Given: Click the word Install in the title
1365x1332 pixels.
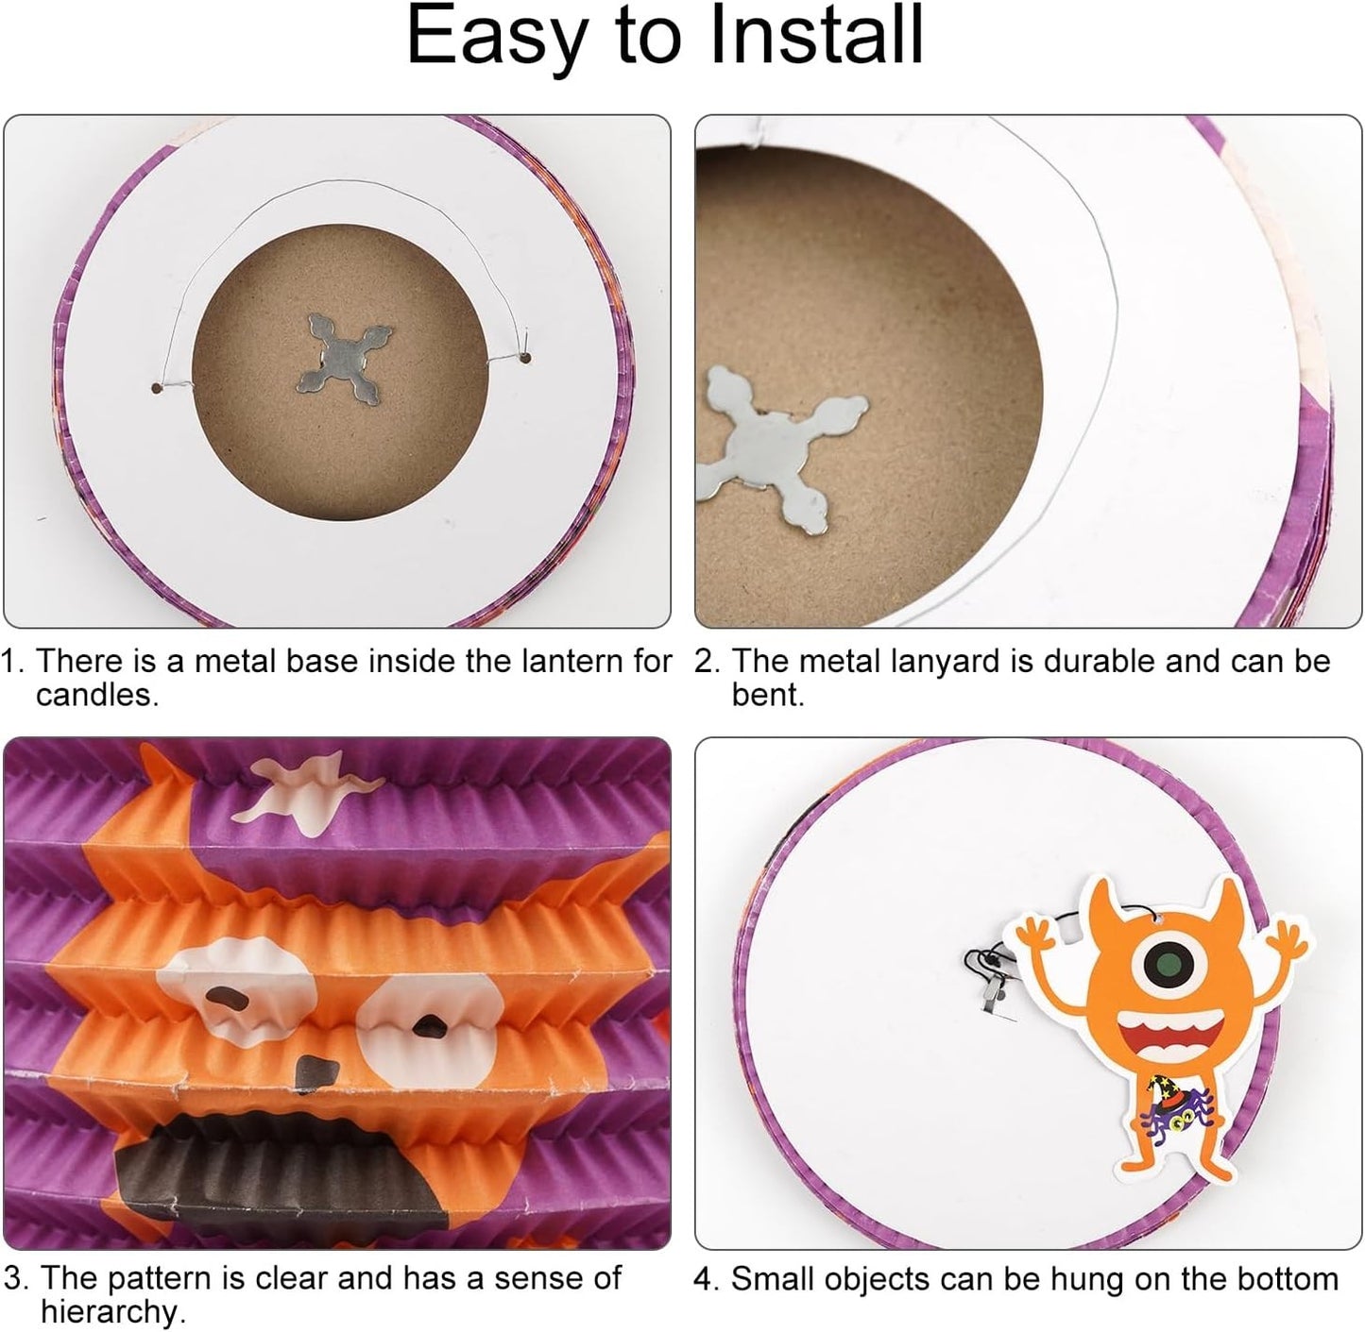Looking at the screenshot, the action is coord(816,34).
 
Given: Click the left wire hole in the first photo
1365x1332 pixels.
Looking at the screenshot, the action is coord(157,388).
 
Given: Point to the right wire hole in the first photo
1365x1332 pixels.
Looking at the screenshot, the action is coord(526,358).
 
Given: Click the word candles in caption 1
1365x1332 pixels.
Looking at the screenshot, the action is coord(97,696).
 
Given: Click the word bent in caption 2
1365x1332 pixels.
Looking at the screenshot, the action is coord(767,696).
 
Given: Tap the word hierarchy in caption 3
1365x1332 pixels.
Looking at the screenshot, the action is coord(113,1311).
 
